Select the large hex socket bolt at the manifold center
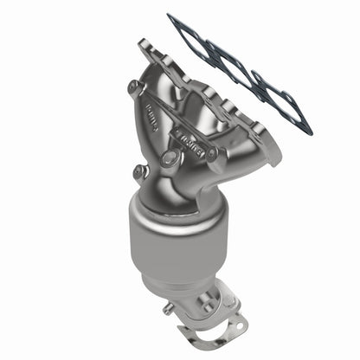click(x=170, y=157)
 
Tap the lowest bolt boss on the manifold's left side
click(x=139, y=172)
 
